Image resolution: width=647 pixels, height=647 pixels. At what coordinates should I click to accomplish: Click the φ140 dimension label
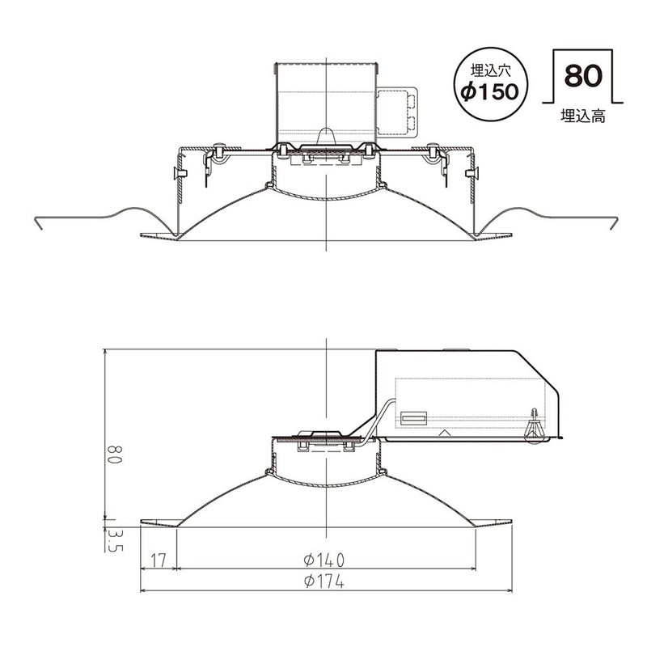pos(324,559)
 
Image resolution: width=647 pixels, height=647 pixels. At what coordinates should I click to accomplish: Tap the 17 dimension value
pos(158,559)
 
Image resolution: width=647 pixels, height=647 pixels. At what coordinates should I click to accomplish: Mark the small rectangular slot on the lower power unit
pos(414,419)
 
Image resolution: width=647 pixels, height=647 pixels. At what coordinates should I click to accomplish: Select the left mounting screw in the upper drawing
pos(218,151)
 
